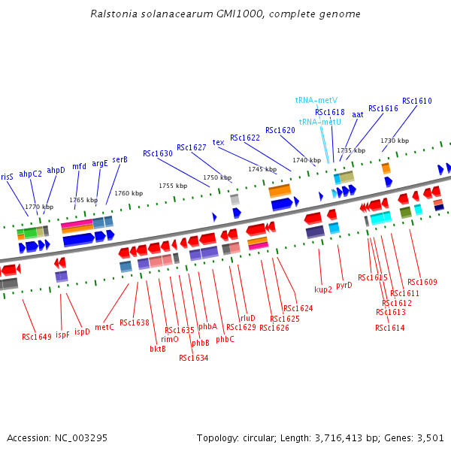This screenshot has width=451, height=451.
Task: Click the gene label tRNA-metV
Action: pos(316,100)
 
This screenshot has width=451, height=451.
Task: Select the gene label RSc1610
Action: pos(416,101)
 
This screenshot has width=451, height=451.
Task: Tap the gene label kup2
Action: pos(323,289)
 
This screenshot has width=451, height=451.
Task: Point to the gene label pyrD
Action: pos(344,285)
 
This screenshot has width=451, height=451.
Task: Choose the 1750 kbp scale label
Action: pos(216,177)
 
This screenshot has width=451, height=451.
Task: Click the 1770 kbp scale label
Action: pos(39,207)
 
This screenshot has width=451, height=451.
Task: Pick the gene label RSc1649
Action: pos(37,337)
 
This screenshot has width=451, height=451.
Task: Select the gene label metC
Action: pos(104,327)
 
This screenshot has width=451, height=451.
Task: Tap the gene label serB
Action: pos(120,159)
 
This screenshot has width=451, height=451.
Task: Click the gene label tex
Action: pos(218,142)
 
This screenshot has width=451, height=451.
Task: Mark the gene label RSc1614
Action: pos(389,328)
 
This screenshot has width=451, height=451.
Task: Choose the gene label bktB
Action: pos(158,349)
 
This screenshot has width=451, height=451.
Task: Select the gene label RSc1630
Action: pos(158,153)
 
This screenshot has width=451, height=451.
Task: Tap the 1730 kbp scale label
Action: pos(395,141)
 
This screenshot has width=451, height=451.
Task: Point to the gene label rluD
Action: pos(247,318)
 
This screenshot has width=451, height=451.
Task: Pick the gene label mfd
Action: pos(79,166)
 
